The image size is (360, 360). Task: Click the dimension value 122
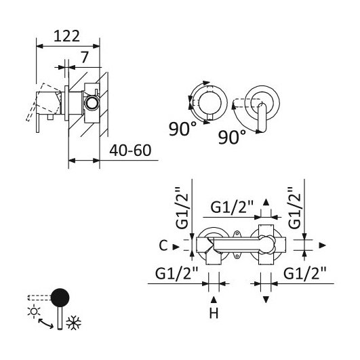66,36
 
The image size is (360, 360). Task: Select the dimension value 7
85,58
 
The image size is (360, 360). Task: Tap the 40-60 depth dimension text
130,151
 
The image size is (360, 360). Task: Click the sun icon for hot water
34,311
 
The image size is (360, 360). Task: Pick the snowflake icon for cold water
73,323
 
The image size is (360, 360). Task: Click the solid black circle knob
60,298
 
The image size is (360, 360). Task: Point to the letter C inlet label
163,245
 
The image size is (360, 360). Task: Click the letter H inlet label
214,313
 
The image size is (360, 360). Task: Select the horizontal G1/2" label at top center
232,207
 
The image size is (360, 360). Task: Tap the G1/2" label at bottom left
176,273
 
